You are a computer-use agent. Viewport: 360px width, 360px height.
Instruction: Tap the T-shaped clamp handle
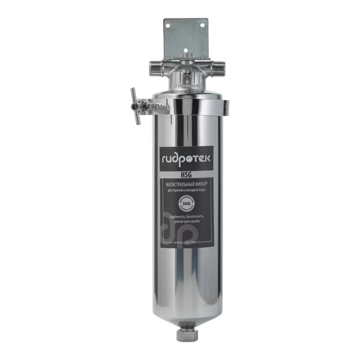click(136, 103)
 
